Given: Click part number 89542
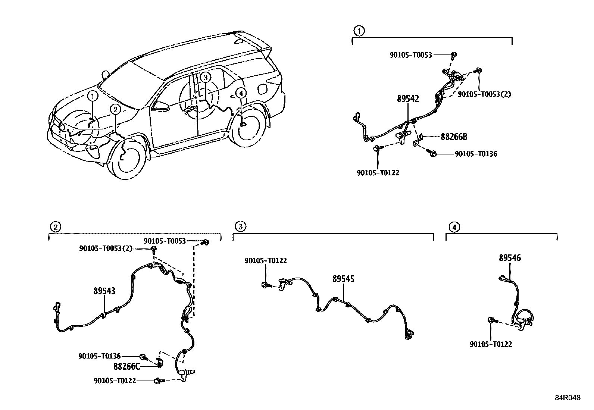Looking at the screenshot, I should (408, 99).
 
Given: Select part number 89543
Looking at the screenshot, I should (104, 291).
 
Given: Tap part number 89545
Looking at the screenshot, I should (344, 279).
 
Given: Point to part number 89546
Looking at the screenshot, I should (510, 258).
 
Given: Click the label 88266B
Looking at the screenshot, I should (454, 137).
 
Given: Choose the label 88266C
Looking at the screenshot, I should (127, 366).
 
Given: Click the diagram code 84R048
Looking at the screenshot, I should (568, 398).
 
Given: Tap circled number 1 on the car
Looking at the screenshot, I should (93, 96).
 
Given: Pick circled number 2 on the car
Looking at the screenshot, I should (116, 109).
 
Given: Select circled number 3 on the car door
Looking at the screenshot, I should (205, 78).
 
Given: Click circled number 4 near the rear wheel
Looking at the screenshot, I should (241, 93).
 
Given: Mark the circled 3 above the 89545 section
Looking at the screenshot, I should (240, 226).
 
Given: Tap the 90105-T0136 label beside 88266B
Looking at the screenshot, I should (476, 154).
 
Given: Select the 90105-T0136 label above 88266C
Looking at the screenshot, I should (100, 356).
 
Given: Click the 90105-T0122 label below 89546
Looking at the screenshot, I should (491, 344).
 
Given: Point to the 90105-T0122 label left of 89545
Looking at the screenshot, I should (266, 261).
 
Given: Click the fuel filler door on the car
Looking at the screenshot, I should (262, 90).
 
